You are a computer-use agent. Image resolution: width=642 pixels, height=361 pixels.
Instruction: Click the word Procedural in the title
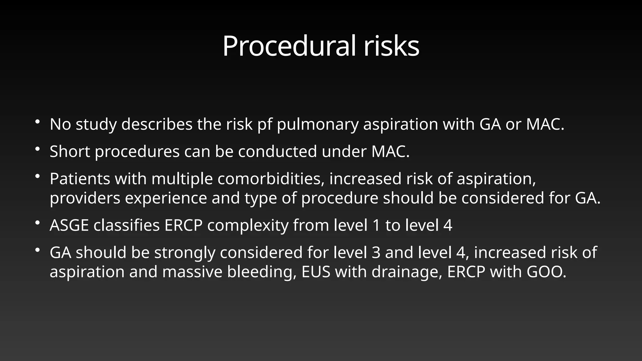click(x=289, y=46)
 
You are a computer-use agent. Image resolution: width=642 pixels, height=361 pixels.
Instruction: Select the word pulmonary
click(x=318, y=124)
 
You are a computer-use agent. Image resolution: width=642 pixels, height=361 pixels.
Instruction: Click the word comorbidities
click(x=271, y=179)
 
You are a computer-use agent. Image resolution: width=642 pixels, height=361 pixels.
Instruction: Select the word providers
click(x=85, y=198)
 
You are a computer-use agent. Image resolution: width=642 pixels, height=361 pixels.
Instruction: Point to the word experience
click(x=166, y=198)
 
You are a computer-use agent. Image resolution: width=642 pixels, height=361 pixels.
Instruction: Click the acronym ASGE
click(x=69, y=225)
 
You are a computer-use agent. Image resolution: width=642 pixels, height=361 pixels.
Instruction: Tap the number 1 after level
click(x=376, y=225)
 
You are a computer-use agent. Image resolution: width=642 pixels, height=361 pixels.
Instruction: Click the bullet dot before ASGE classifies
click(x=37, y=223)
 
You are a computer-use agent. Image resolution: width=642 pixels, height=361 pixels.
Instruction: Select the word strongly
click(x=185, y=253)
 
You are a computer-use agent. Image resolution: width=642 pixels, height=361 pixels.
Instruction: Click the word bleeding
click(x=262, y=272)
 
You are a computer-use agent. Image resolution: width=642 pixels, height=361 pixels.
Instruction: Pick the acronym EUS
click(x=316, y=272)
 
